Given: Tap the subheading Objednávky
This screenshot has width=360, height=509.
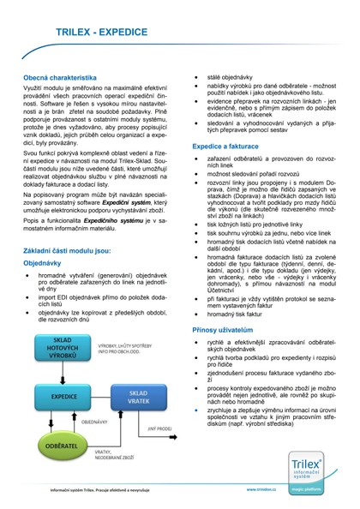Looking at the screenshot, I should point(42,263).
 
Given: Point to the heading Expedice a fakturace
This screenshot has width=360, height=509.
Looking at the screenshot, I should point(225,147).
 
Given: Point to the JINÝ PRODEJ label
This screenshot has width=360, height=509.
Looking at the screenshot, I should point(159,428).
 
